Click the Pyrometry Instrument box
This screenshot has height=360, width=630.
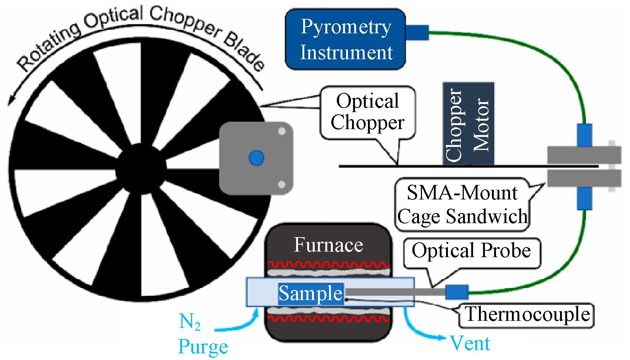point(345,39)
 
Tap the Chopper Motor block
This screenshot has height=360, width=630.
point(468,124)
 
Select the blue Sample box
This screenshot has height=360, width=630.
point(311,294)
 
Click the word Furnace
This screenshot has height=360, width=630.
point(328,245)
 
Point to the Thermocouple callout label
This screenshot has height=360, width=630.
point(526,315)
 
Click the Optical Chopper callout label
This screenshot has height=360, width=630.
point(368,112)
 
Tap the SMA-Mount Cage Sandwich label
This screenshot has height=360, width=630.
point(462,205)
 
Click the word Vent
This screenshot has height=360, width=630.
point(470,343)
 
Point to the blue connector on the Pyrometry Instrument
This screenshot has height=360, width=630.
point(418,32)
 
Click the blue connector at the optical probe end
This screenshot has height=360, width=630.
point(457,292)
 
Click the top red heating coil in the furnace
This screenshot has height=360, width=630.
point(328,265)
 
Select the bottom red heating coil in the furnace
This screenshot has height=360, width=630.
point(328,319)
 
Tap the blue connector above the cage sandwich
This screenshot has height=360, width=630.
point(584,135)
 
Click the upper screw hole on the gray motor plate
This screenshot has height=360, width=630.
point(282,131)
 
